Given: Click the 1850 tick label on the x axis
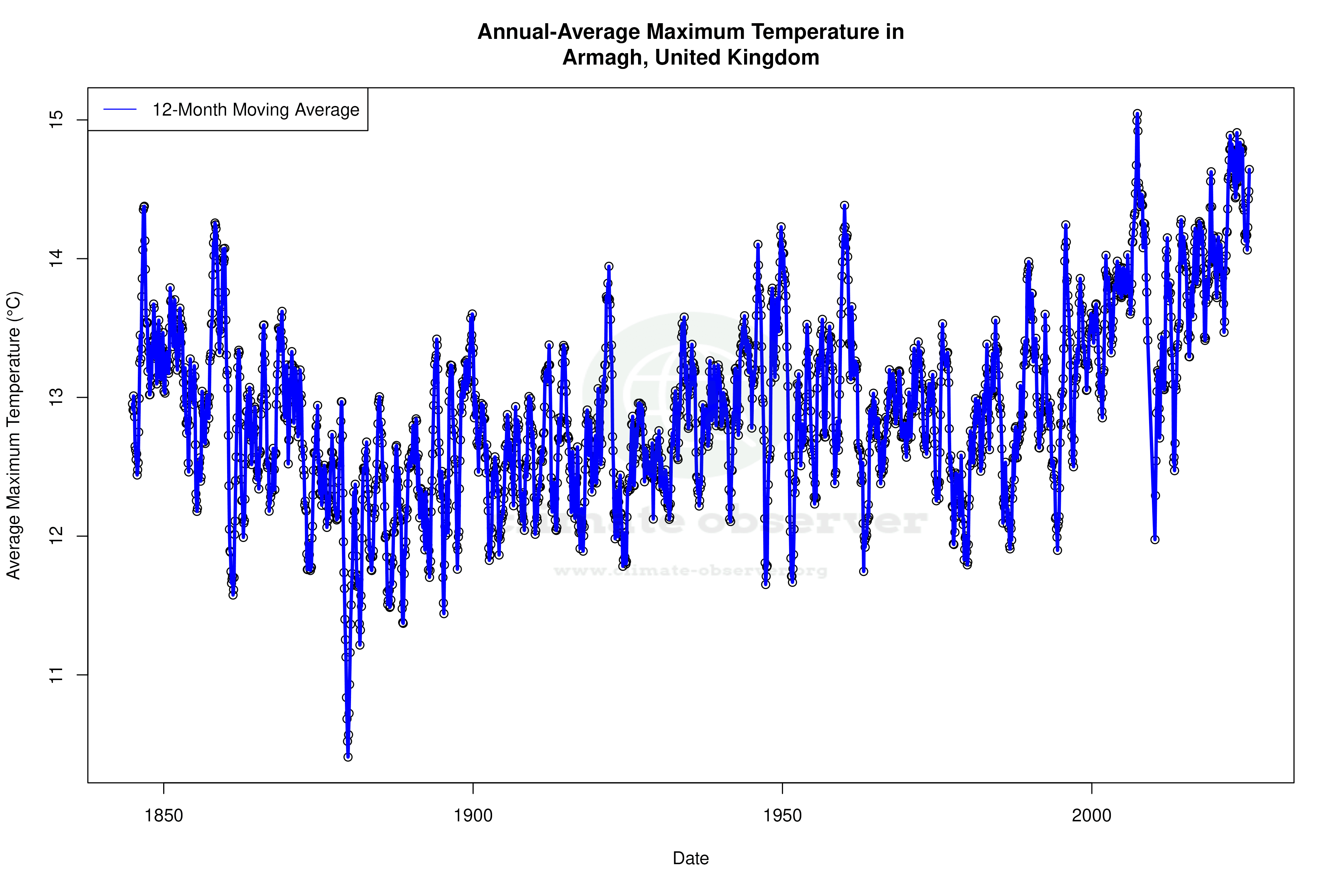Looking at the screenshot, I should tap(164, 816).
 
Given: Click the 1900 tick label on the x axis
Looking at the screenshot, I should tap(473, 816).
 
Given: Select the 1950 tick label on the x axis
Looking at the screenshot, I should tap(782, 816).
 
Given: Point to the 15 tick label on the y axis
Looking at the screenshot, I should tap(57, 120).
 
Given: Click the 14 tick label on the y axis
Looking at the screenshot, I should tap(57, 259).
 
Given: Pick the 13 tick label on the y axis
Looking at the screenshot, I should tap(57, 397).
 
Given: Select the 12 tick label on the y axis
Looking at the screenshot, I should tap(57, 537).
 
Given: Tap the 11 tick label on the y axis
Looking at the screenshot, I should tap(57, 675).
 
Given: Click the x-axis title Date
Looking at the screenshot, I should tap(691, 858).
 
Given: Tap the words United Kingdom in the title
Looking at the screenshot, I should tap(737, 57).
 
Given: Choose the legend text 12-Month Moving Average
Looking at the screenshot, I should tap(256, 110).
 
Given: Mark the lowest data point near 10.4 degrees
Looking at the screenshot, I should tap(348, 757).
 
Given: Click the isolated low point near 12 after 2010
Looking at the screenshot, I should tap(1154, 539).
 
